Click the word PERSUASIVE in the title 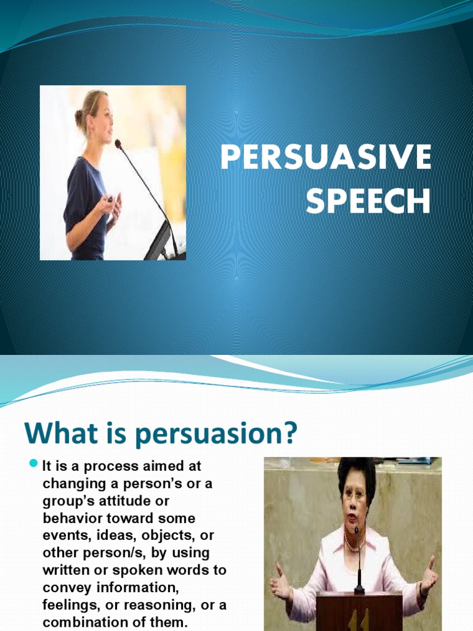pos(326,158)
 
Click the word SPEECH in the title pos(368,202)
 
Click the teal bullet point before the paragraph pos(34,465)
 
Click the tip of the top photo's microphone pos(118,143)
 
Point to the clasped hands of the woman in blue pos(113,202)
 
